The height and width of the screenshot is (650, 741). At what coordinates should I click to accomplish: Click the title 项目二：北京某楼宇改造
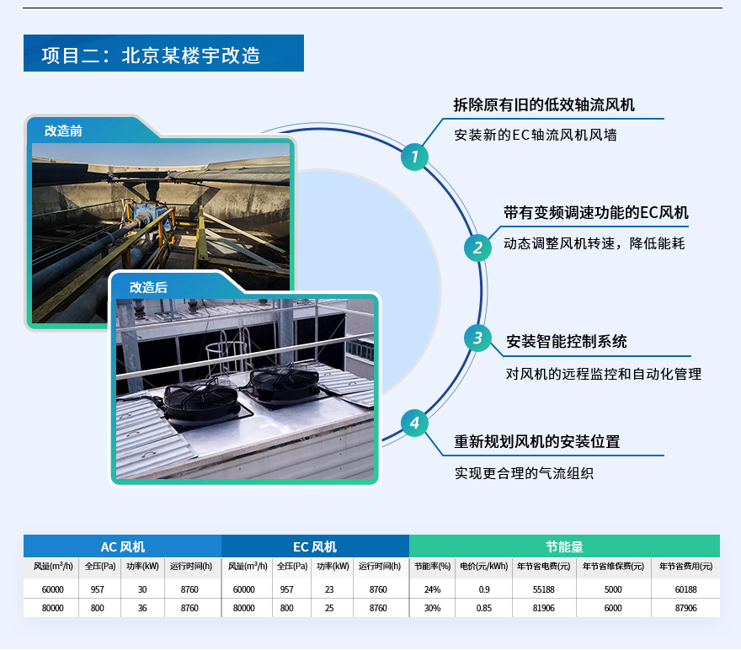[152, 56]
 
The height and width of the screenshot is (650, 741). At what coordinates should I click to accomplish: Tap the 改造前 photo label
[64, 131]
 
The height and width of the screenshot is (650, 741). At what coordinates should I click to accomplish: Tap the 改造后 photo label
[148, 287]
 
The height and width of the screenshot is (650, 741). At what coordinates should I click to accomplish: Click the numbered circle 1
[414, 157]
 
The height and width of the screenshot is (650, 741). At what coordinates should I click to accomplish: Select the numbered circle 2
[477, 248]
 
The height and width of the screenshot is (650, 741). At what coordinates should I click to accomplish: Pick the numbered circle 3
[477, 338]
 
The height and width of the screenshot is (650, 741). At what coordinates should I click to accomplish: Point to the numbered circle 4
[414, 423]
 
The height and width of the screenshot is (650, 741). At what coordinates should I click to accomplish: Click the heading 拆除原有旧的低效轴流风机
[544, 105]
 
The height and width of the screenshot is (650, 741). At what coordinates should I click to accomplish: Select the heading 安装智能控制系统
[566, 342]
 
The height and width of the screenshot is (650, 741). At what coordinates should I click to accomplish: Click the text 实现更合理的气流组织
[524, 473]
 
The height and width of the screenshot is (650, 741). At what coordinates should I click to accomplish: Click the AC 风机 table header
[122, 546]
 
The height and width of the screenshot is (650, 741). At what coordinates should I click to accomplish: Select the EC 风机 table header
[315, 546]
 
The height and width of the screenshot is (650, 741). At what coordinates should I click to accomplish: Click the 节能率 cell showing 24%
[432, 589]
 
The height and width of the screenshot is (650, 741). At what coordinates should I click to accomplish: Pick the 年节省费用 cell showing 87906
[685, 608]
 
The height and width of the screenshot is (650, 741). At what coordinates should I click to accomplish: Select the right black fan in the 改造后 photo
[284, 383]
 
